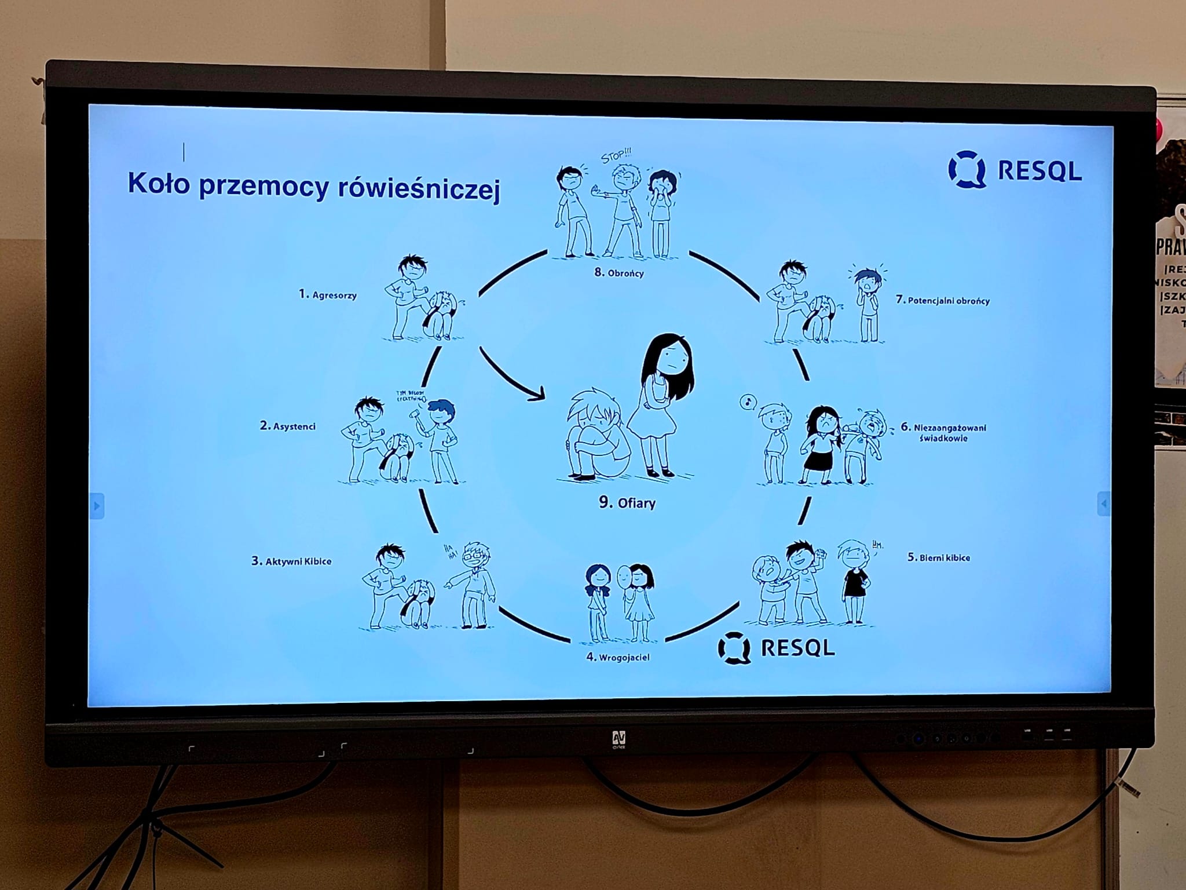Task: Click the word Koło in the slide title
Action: coord(158,183)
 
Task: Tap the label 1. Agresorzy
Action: coord(328,294)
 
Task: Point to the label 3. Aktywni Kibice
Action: coord(291,561)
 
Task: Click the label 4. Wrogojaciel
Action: coord(617,657)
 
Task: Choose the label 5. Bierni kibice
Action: coord(938,557)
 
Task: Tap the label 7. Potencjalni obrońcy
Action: coord(942,300)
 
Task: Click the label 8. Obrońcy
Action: coord(618,272)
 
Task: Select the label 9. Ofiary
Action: coord(627,502)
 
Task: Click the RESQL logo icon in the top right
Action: coord(967,169)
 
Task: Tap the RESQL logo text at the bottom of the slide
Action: coord(797,648)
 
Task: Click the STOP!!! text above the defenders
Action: coord(616,156)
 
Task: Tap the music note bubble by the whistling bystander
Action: coord(748,401)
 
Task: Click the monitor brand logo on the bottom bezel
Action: coord(618,738)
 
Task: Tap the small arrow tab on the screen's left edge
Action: coord(97,506)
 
